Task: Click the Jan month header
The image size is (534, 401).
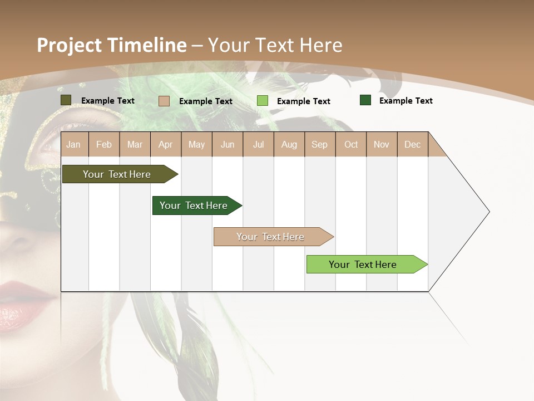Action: [73, 144]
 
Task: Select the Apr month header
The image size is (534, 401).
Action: [165, 144]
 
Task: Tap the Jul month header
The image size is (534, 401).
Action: [258, 144]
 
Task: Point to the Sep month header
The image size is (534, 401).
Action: [319, 144]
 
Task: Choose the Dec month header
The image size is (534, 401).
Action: [412, 144]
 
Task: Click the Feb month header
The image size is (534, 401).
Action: [104, 144]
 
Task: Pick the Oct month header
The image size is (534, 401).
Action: [351, 144]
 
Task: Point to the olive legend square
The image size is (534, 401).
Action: [66, 100]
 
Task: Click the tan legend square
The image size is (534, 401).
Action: [164, 101]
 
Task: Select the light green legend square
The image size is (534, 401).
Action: [263, 101]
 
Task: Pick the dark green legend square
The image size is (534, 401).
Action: [365, 100]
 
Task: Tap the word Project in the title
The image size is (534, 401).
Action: [70, 45]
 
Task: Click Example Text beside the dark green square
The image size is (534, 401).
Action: [406, 101]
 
